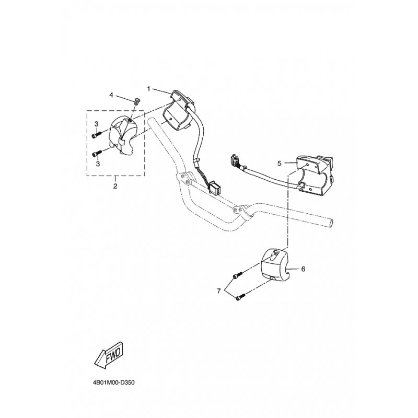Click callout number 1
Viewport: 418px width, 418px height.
pyautogui.click(x=148, y=89)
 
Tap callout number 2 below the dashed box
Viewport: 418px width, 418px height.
pyautogui.click(x=115, y=185)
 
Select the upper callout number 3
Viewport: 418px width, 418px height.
pyautogui.click(x=96, y=123)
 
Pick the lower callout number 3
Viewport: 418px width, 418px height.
pyautogui.click(x=96, y=163)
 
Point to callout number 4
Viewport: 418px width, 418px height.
pyautogui.click(x=111, y=95)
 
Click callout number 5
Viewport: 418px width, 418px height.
pyautogui.click(x=280, y=163)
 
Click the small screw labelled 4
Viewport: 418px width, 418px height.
pyautogui.click(x=135, y=101)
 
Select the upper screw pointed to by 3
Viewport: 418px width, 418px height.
pyautogui.click(x=96, y=135)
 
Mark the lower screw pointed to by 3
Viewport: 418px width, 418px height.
pyautogui.click(x=96, y=154)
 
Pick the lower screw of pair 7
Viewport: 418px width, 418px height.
pyautogui.click(x=241, y=298)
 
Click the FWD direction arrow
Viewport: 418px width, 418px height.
pyautogui.click(x=108, y=358)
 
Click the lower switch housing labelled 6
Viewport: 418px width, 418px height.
pyautogui.click(x=276, y=267)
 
